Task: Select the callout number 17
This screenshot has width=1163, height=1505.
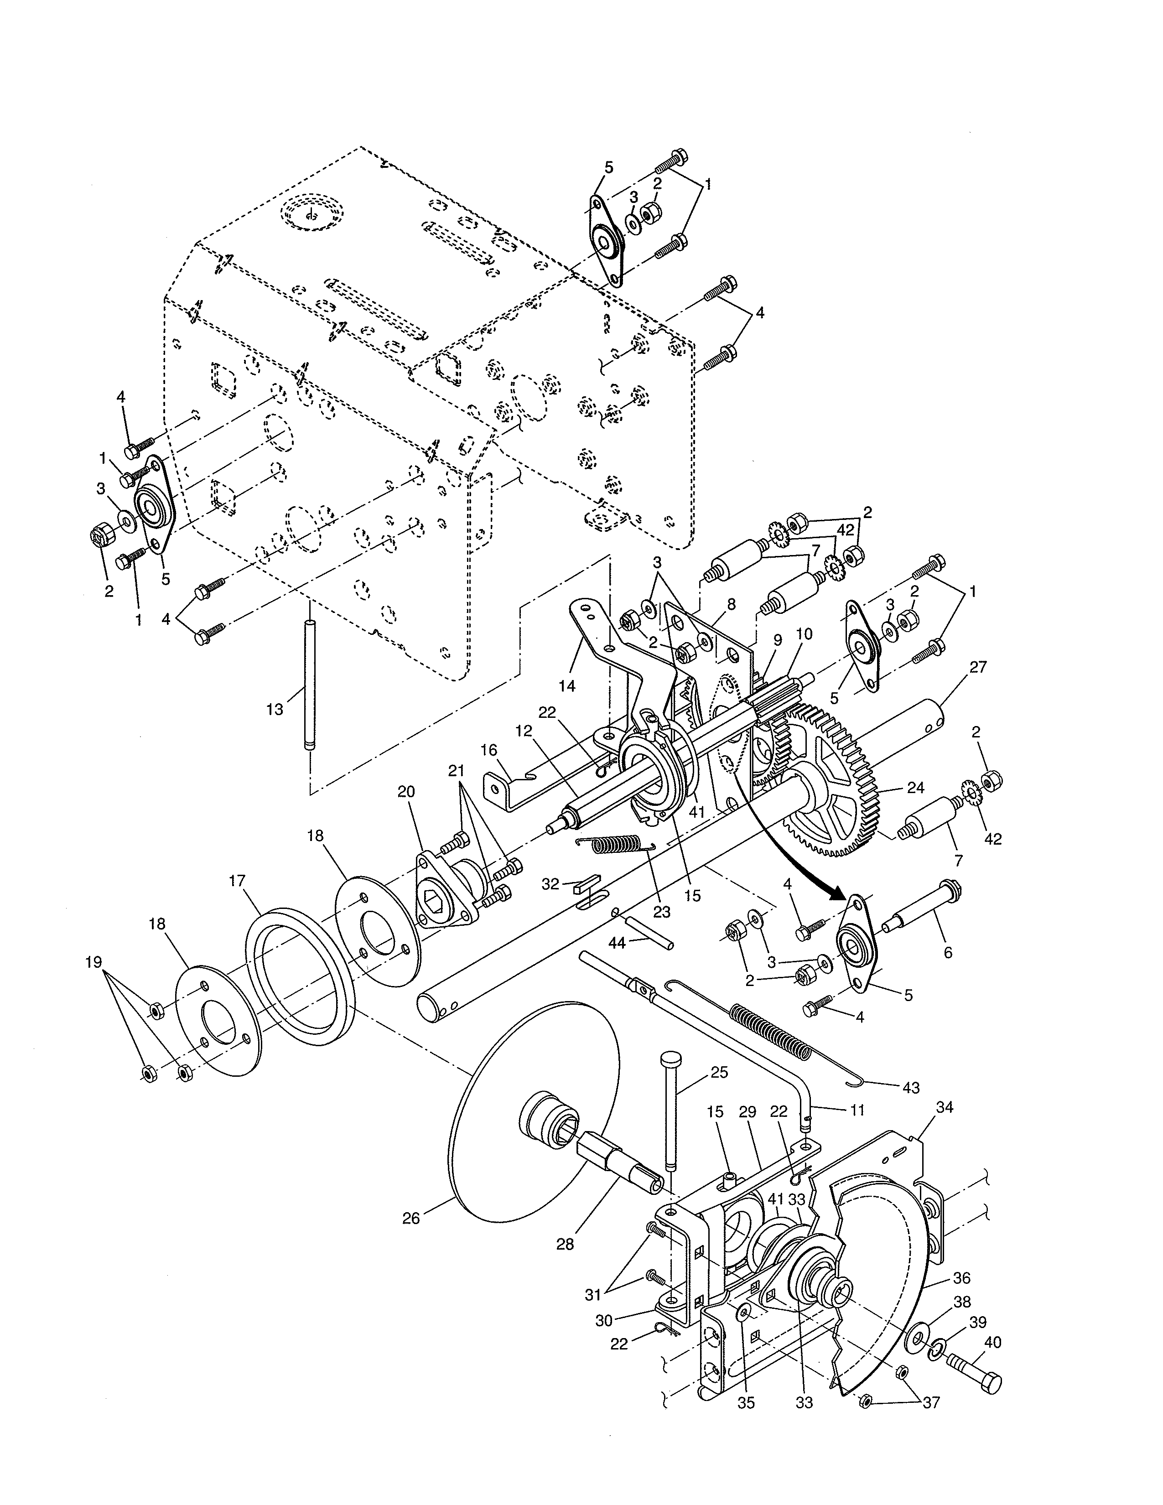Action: pyautogui.click(x=237, y=880)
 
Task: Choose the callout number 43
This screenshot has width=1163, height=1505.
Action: pyautogui.click(x=911, y=1088)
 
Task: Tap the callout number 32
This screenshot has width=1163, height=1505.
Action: pyautogui.click(x=550, y=884)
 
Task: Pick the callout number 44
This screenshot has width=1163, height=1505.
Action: pyautogui.click(x=618, y=943)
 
